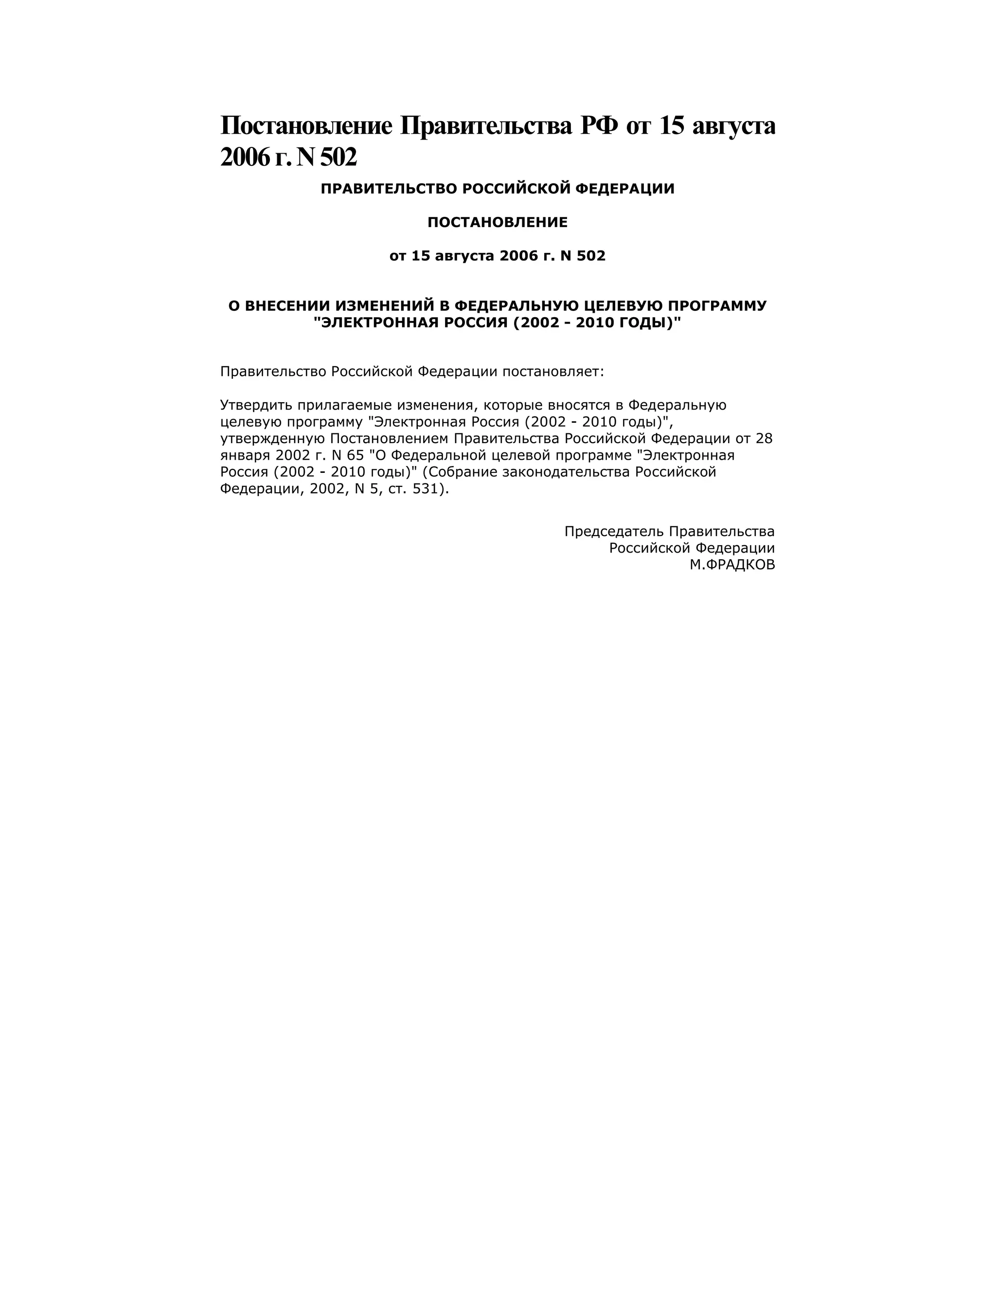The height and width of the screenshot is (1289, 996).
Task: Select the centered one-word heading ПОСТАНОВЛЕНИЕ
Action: pos(498,222)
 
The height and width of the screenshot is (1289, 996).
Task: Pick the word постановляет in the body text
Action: pos(553,371)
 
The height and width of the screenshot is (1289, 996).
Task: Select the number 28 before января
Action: pos(764,439)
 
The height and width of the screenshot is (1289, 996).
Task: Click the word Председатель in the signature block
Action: pos(614,531)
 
